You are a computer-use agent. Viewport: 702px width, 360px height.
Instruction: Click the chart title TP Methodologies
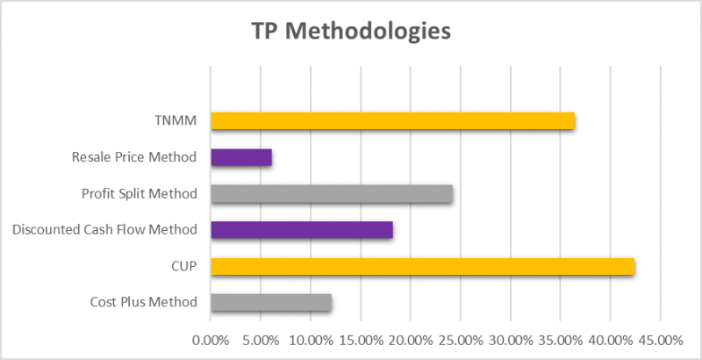click(x=351, y=32)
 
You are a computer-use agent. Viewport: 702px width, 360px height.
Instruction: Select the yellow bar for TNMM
click(x=392, y=121)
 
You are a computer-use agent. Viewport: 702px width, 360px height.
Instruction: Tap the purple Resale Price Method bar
click(x=241, y=158)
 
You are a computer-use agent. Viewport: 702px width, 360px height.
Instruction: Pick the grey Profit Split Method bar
click(x=332, y=194)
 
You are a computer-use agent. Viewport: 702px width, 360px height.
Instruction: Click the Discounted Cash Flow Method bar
click(x=302, y=230)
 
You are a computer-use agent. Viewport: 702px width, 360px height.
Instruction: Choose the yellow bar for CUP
click(x=422, y=266)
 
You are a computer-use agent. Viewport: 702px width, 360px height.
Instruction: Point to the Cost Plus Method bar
click(x=271, y=303)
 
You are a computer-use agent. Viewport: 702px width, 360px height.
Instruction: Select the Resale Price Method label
click(x=134, y=158)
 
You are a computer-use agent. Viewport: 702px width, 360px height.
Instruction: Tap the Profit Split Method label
click(x=139, y=194)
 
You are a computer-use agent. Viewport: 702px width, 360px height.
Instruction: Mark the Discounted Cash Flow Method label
click(x=104, y=230)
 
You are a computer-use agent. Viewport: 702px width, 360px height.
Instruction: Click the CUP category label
click(x=184, y=266)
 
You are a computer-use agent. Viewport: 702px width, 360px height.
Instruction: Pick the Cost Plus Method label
click(x=143, y=303)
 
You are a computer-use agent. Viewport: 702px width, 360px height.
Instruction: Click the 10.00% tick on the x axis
click(x=311, y=340)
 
